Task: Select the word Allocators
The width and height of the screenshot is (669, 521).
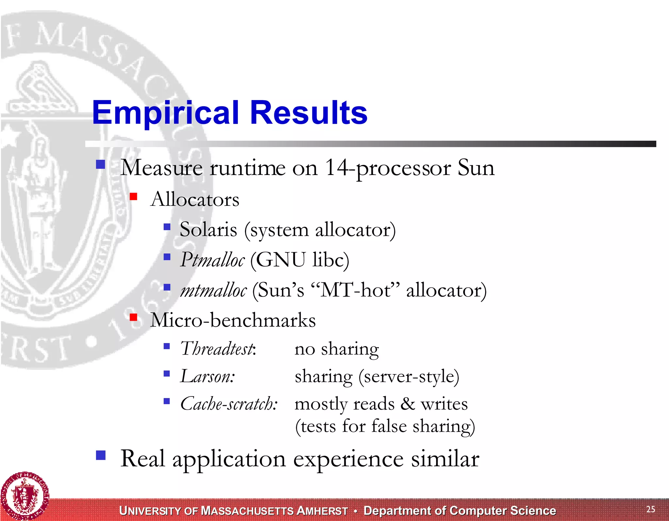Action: point(195,199)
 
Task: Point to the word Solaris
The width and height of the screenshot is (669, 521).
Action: point(208,230)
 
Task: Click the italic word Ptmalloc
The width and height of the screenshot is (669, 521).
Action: point(212,260)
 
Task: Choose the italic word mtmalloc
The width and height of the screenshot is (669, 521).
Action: point(214,290)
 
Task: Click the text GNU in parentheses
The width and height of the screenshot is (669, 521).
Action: point(281,260)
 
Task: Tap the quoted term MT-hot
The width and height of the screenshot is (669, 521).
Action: point(355,290)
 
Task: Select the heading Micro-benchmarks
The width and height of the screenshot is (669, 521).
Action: point(233,320)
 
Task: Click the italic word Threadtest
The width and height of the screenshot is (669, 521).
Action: point(217,349)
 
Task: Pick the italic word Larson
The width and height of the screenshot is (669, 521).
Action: point(207,376)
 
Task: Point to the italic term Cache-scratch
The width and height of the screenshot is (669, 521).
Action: point(229,404)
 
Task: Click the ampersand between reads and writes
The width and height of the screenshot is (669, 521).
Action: point(408,404)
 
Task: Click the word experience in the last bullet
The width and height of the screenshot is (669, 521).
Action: point(348,459)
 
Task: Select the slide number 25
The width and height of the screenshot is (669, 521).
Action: point(650,509)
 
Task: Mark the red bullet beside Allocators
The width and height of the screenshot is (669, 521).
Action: point(133,196)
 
